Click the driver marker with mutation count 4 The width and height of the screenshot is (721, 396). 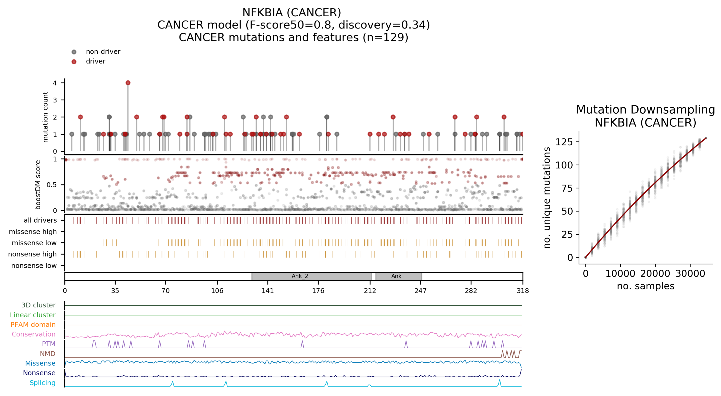pos(128,83)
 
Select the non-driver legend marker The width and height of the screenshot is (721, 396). pos(74,52)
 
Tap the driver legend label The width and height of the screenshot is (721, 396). pos(95,61)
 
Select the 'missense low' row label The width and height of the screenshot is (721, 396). pos(34,243)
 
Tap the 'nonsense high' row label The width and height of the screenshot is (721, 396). pos(32,254)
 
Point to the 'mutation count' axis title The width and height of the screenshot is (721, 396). pos(45,117)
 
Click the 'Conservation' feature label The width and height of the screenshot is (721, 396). pos(34,334)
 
